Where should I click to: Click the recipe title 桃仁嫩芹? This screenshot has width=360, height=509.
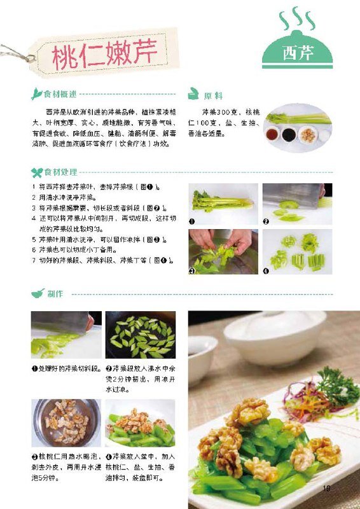105,54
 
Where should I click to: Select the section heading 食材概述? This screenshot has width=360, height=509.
60,95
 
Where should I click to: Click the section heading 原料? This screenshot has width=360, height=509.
212,95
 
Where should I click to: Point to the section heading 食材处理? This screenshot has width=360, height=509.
60,172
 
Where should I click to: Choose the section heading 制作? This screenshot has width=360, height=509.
54,294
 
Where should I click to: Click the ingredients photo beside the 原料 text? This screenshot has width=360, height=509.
298,125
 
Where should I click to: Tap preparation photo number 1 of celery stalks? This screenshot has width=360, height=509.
223,204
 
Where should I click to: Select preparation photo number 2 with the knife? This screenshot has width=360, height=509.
297,204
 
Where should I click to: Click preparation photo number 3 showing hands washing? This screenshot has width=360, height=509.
223,251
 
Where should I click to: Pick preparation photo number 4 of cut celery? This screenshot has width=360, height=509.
297,251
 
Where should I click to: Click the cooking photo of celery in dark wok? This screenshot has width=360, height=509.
140,335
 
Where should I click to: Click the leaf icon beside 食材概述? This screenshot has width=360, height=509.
37,95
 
